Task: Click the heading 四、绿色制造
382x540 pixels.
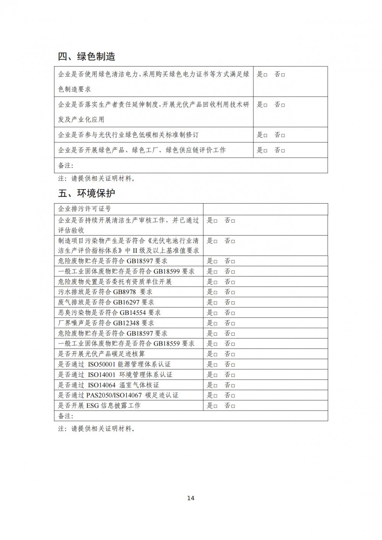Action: [x=86, y=57]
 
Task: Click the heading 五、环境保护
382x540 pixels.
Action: [x=86, y=193]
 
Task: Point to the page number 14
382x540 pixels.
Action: [x=191, y=498]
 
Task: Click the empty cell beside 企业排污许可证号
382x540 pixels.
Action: [x=265, y=209]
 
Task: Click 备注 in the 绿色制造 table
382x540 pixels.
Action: [x=65, y=165]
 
